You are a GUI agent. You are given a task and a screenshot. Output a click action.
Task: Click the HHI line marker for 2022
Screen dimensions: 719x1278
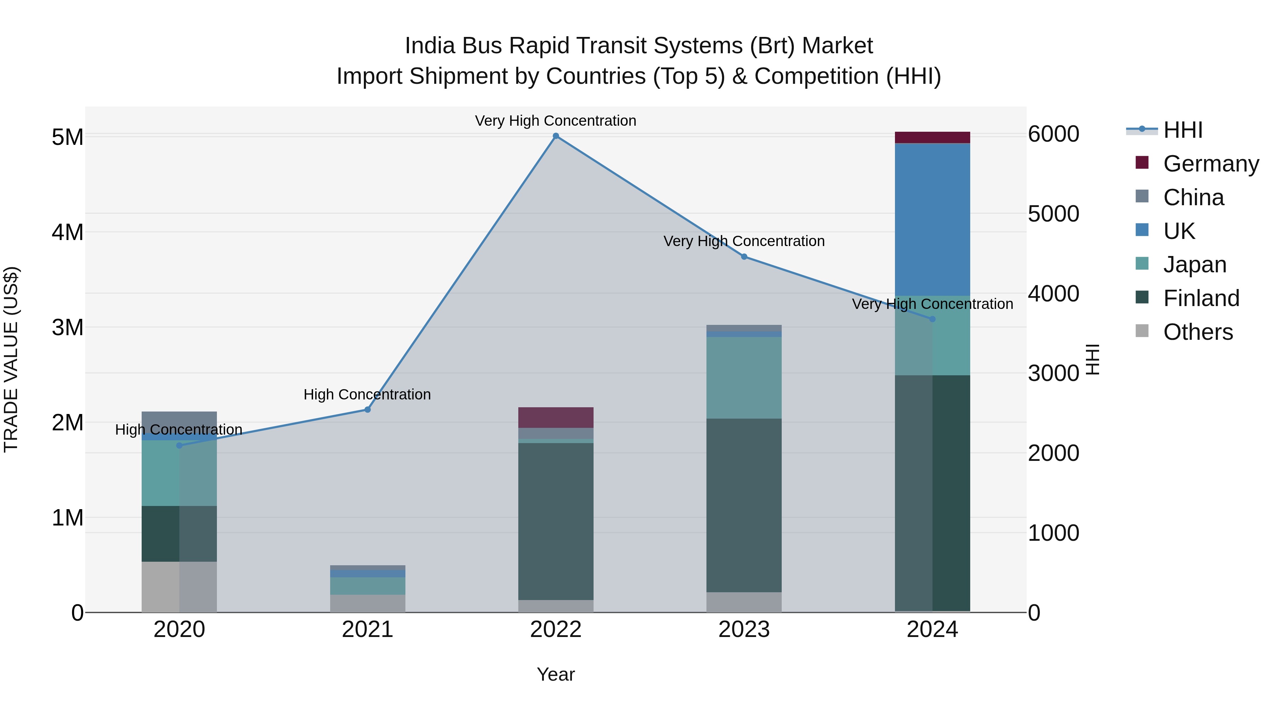coord(556,136)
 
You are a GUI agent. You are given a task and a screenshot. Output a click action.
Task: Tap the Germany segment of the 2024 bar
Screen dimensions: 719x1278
coord(932,137)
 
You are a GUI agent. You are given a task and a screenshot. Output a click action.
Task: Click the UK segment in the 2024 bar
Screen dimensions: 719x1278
coord(932,219)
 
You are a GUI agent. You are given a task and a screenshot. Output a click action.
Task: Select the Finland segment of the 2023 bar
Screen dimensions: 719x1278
coord(744,505)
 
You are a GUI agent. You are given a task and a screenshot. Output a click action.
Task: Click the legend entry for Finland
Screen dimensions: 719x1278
coord(1201,298)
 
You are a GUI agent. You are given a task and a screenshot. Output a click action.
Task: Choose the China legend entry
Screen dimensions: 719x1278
coord(1193,197)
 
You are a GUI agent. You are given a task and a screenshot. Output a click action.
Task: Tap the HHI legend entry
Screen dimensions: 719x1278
coord(1183,130)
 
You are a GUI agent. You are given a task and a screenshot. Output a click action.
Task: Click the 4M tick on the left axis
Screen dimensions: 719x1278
coord(67,232)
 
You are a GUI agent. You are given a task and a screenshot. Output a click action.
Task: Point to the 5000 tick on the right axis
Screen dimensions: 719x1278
coord(1053,214)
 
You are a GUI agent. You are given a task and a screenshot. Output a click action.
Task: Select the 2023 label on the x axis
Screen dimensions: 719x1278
coord(744,630)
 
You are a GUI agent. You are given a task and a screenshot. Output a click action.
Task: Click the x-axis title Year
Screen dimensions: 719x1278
coord(556,674)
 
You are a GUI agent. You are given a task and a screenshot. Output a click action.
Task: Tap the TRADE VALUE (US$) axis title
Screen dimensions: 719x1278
coord(11,359)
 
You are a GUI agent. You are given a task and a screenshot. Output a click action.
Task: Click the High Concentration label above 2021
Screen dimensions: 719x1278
coord(367,394)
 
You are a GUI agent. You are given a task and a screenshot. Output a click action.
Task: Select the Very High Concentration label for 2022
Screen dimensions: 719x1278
coord(556,121)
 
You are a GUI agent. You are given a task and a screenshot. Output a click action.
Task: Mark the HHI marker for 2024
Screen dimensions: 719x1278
coord(932,319)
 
